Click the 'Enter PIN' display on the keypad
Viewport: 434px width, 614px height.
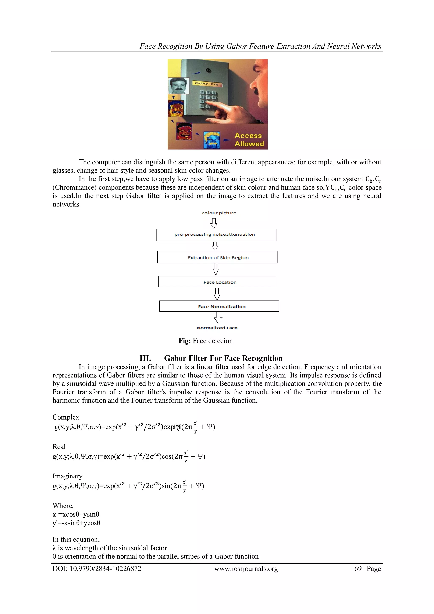[207, 84]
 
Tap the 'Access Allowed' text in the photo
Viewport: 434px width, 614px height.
[249, 140]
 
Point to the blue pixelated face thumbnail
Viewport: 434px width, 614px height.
[212, 140]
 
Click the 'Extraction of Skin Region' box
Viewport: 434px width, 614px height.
[218, 257]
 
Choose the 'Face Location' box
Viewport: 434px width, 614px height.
[218, 282]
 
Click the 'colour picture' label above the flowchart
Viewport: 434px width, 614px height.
[219, 213]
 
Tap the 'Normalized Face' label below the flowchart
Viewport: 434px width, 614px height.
[217, 328]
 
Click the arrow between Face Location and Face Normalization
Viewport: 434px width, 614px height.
[217, 294]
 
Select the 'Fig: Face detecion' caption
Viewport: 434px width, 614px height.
[206, 341]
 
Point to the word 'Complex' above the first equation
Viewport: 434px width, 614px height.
[66, 417]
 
